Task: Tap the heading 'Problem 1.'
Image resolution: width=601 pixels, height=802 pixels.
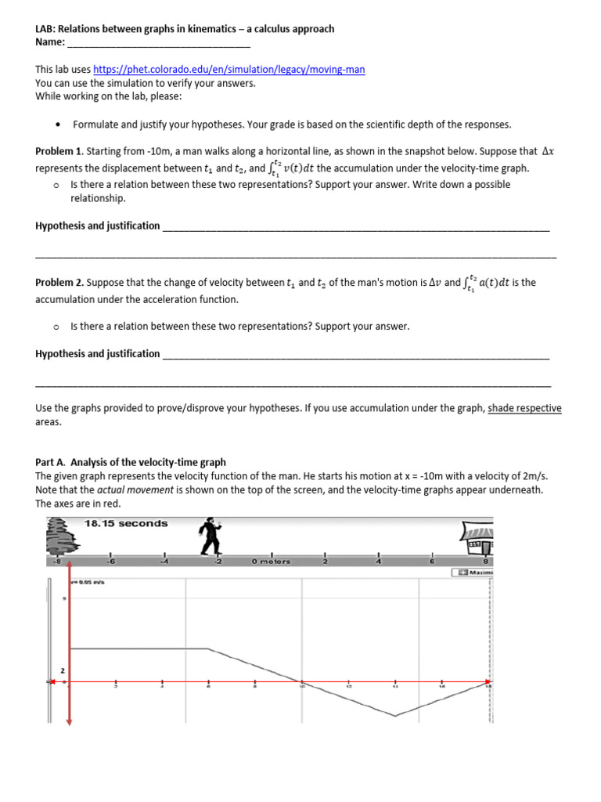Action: coord(59,151)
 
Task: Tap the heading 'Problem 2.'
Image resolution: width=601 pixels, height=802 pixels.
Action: coord(59,283)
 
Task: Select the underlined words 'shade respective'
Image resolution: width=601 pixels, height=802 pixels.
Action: coord(524,408)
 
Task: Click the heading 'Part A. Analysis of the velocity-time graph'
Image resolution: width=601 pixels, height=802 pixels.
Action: coord(131,462)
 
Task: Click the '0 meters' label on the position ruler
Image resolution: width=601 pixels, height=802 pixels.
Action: coord(271,562)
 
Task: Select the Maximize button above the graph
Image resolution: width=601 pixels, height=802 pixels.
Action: coord(473,573)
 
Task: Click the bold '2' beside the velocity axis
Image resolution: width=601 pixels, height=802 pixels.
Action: coord(62,671)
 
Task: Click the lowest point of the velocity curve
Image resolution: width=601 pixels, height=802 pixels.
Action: coord(395,715)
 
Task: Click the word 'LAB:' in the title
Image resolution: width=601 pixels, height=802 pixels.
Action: coord(46,29)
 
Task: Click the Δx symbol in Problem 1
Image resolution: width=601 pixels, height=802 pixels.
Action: coord(547,151)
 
